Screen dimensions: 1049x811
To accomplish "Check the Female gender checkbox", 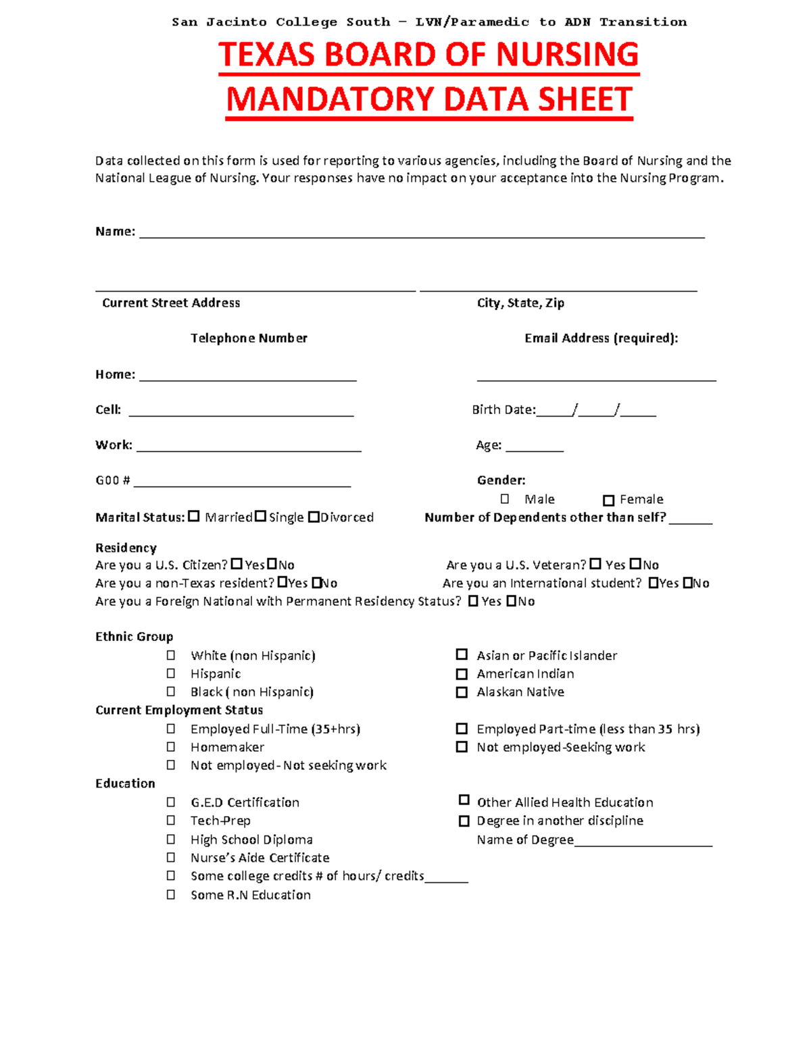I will click(608, 501).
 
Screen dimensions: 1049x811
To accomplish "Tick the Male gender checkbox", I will click(505, 499).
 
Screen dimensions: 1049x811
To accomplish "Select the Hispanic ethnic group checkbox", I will click(171, 673).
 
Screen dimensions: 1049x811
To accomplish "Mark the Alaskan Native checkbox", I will click(462, 692).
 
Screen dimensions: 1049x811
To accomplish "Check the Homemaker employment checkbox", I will click(171, 747).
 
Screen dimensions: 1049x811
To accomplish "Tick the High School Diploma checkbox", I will click(171, 839).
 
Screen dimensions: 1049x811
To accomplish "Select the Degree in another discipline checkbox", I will click(464, 821).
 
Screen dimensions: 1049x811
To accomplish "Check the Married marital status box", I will click(194, 517).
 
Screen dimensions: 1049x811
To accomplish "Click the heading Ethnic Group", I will click(134, 637).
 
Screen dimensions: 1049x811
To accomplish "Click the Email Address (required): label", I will click(601, 338).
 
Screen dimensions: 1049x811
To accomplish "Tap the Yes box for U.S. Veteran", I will click(595, 564).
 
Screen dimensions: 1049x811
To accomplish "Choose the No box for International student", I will click(688, 583).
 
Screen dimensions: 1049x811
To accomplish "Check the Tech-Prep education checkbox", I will click(171, 820).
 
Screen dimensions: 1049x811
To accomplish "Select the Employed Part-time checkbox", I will click(462, 729).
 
